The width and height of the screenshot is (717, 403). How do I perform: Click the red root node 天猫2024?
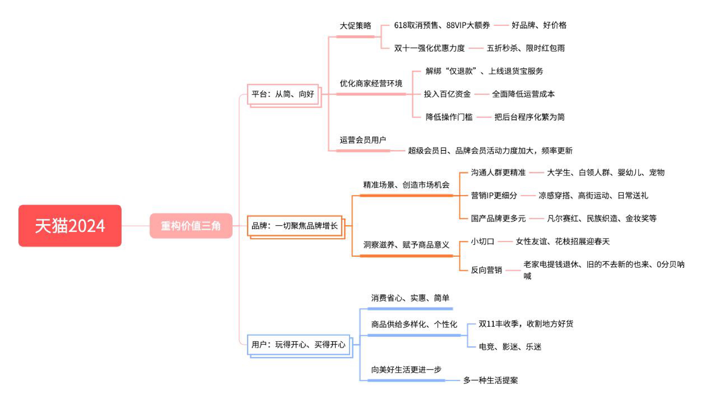(70, 226)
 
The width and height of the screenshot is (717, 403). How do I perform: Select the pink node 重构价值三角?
(191, 226)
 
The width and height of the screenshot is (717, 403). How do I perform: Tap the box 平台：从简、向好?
(283, 94)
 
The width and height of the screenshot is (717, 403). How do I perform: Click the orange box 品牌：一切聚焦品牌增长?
(295, 226)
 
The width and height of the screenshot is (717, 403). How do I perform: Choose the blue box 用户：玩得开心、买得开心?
(298, 345)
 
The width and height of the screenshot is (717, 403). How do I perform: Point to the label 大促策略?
(355, 26)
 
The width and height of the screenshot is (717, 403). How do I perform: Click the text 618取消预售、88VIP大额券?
(442, 25)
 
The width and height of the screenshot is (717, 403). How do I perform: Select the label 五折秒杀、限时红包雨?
(526, 48)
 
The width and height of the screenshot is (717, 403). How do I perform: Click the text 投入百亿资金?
(447, 94)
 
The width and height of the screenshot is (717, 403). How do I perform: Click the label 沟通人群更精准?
(498, 172)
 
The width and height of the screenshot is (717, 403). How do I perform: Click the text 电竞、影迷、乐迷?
(510, 347)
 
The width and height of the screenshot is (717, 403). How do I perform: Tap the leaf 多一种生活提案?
(490, 380)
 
